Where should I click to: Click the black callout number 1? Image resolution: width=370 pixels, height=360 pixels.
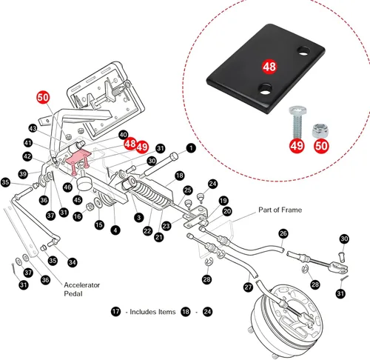point(191,148)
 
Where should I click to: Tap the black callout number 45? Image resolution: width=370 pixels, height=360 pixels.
point(78,200)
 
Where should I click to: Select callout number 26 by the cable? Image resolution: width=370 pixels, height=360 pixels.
point(283,233)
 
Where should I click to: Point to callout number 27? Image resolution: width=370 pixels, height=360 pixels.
point(248,287)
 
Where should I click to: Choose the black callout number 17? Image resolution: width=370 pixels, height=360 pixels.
point(115,311)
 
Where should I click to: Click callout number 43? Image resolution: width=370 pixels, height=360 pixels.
point(33,128)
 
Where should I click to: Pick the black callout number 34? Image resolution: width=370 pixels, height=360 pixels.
point(73,262)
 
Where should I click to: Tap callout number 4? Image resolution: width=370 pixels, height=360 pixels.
point(115,230)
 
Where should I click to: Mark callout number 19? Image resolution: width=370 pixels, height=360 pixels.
point(223,201)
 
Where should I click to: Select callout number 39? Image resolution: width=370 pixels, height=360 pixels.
point(23,174)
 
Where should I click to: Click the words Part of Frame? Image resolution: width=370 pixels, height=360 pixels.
point(280,210)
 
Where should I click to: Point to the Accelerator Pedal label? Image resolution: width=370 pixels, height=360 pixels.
point(81,289)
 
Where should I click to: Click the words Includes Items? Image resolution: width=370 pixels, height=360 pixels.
point(152,312)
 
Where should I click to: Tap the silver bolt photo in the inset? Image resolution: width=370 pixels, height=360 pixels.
point(297,122)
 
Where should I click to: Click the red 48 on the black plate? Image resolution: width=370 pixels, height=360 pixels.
point(269,67)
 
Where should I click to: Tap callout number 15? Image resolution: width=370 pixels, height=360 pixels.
point(99,224)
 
